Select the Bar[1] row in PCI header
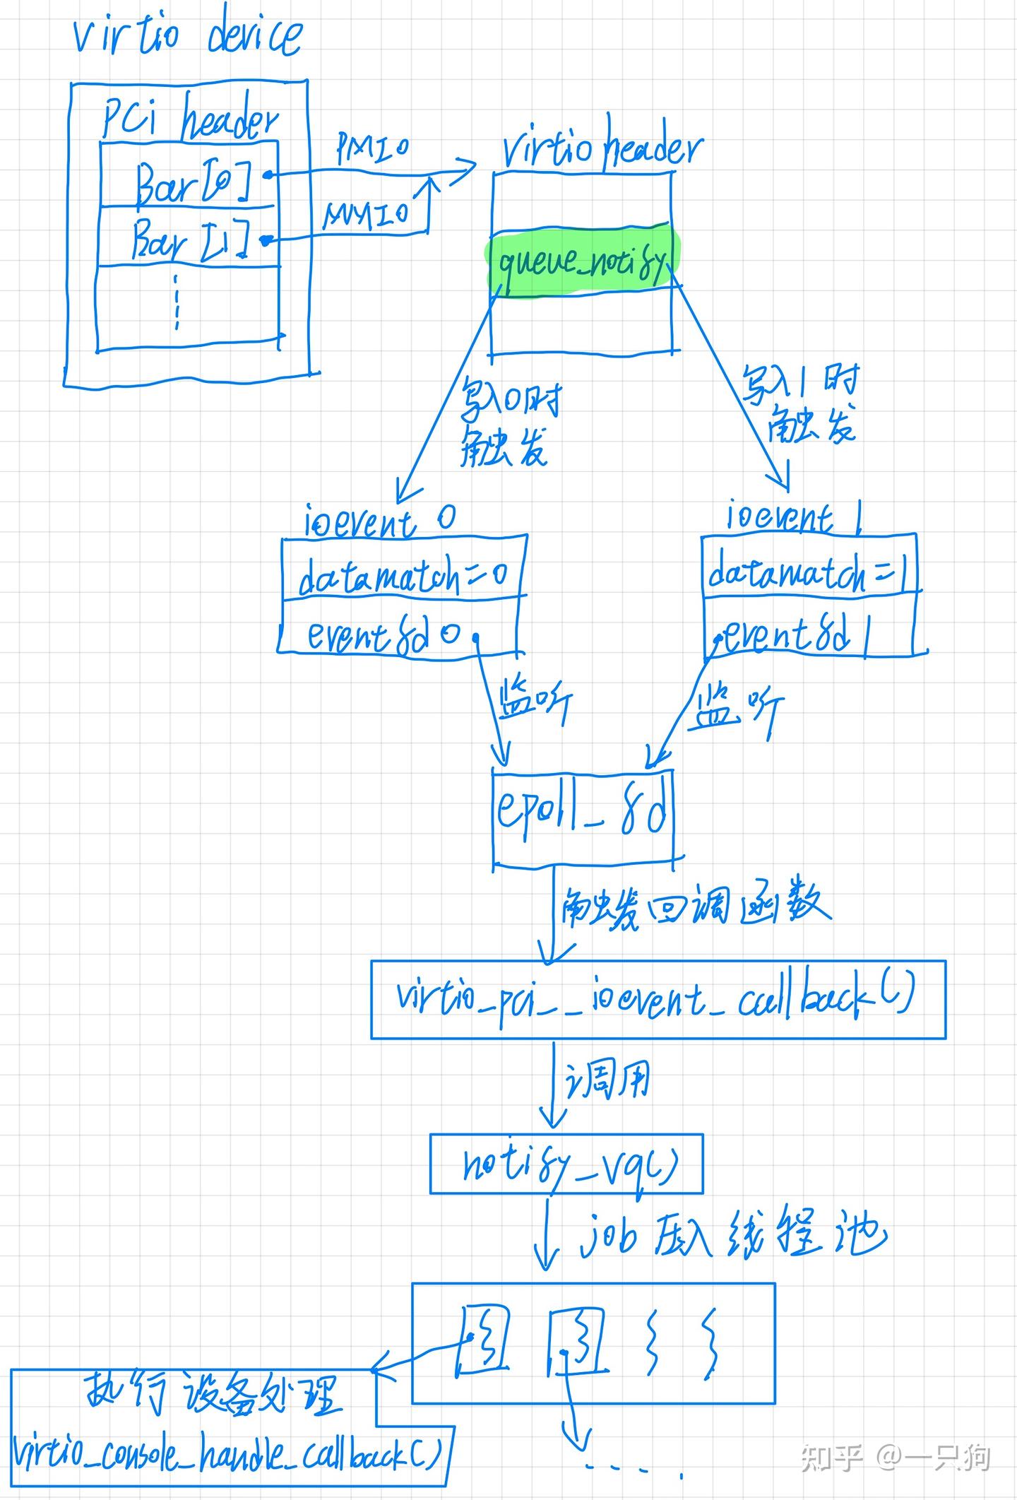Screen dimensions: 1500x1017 pos(189,239)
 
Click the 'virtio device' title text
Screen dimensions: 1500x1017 pos(188,35)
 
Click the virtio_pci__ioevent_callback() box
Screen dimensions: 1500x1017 pos(657,999)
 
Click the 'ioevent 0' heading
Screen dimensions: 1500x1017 pos(379,521)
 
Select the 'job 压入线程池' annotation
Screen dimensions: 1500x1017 pos(731,1236)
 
